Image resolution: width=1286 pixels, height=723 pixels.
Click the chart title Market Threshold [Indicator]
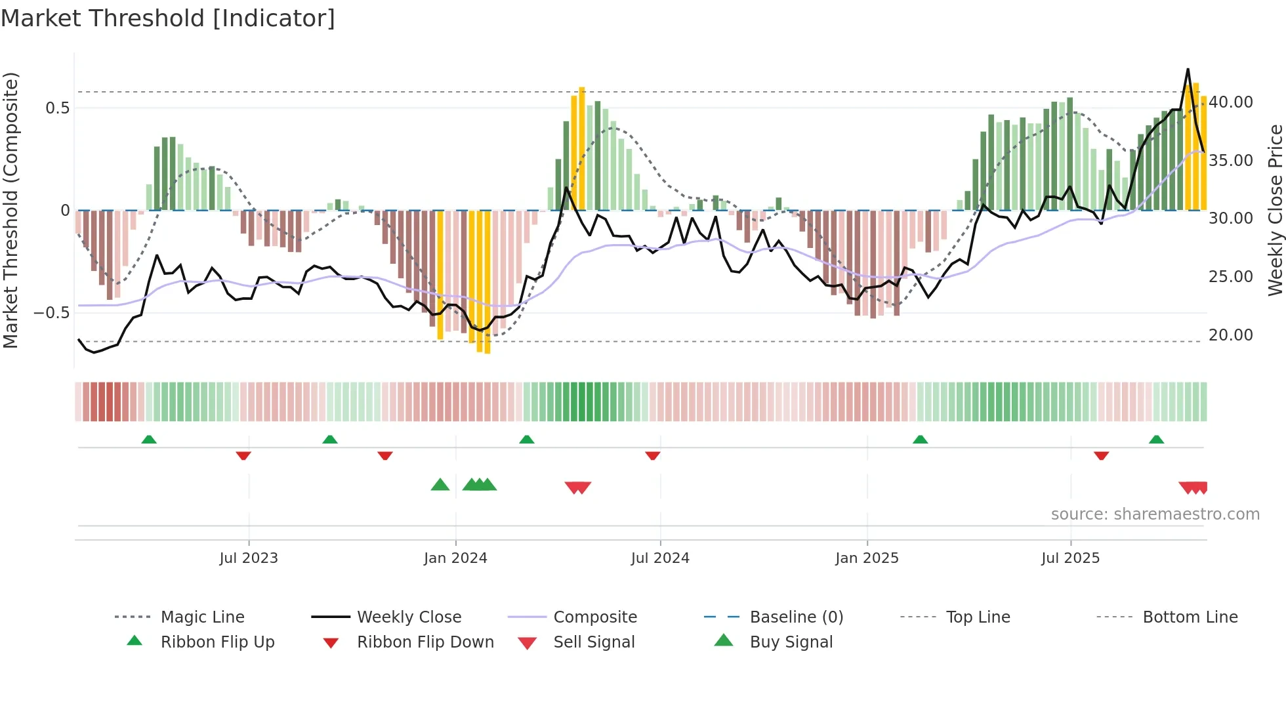point(168,18)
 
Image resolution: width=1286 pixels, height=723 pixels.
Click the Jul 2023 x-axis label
point(249,558)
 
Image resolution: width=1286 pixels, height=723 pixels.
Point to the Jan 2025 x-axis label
point(867,558)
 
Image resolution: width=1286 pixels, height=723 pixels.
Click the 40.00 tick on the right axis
point(1231,102)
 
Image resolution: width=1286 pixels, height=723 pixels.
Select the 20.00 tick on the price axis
point(1231,335)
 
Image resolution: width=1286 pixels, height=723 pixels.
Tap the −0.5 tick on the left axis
point(52,313)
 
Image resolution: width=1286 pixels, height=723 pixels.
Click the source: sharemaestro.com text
point(1155,514)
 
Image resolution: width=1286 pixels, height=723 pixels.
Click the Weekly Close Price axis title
point(1275,210)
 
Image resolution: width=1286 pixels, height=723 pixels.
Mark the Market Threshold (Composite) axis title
point(10,210)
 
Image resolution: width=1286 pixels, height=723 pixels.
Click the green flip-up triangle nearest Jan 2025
point(920,440)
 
